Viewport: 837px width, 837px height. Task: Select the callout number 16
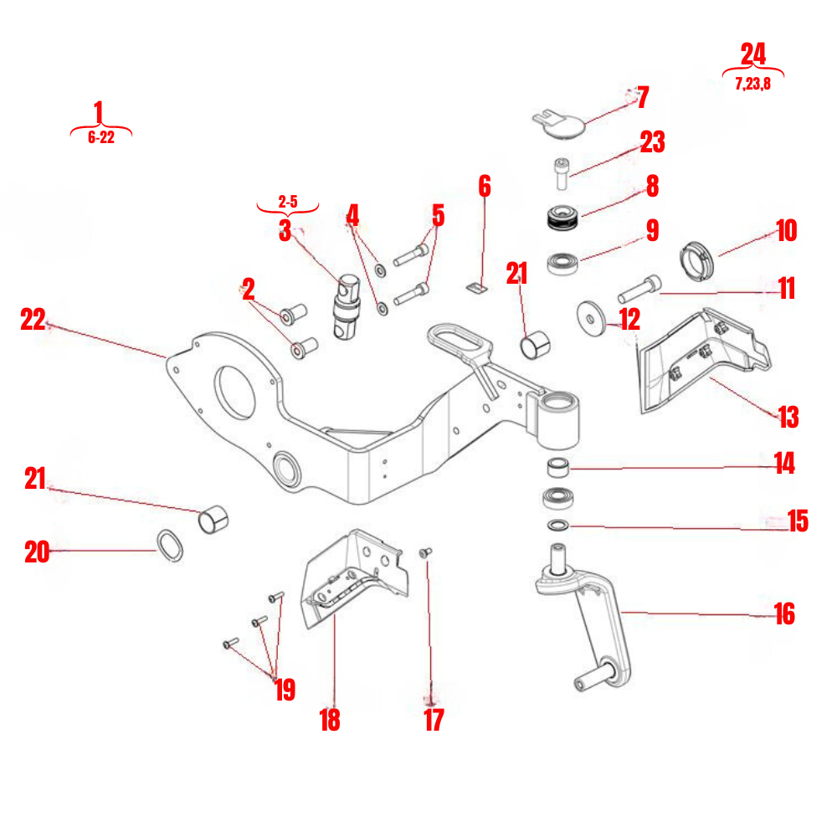pyautogui.click(x=783, y=614)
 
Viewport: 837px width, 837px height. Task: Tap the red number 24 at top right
pyautogui.click(x=752, y=54)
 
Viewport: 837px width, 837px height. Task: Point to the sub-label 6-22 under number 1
pyautogui.click(x=100, y=138)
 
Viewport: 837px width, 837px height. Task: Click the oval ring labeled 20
pyautogui.click(x=170, y=545)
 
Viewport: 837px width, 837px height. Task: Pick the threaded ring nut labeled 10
pyautogui.click(x=696, y=257)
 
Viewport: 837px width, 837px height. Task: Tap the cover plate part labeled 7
pyautogui.click(x=558, y=122)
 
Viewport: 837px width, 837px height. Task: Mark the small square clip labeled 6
pyautogui.click(x=475, y=287)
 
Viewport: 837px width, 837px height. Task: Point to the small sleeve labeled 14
pyautogui.click(x=557, y=466)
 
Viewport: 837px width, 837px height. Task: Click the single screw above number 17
pyautogui.click(x=425, y=552)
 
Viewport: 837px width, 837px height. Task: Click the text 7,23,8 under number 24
pyautogui.click(x=752, y=84)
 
